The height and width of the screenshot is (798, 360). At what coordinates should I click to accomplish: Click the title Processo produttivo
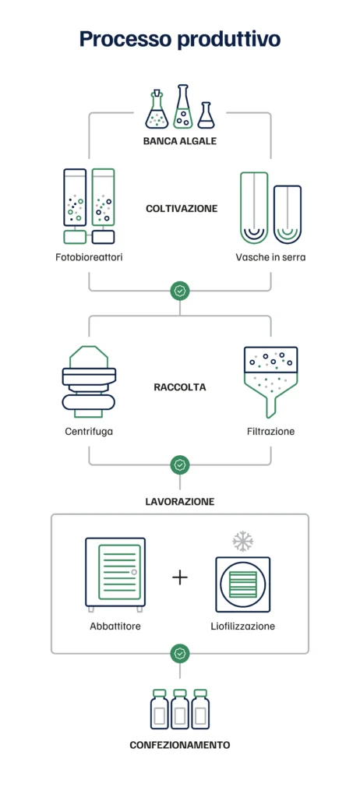coord(180,39)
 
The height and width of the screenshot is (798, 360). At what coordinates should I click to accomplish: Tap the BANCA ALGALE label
coord(180,141)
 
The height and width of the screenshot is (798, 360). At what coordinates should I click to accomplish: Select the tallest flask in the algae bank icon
coord(183,106)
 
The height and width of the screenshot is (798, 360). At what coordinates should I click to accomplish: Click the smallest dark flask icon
coord(206,115)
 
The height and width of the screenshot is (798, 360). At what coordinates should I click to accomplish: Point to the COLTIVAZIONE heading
coord(182,209)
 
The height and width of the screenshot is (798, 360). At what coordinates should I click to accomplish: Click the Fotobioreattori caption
coord(89,257)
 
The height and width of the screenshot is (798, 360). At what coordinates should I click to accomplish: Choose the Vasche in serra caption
coord(270,257)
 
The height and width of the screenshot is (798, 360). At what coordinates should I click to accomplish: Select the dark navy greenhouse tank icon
coord(288,214)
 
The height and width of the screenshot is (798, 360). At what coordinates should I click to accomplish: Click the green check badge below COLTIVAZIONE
coord(180,291)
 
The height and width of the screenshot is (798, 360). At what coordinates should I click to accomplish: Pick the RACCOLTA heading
coord(180,387)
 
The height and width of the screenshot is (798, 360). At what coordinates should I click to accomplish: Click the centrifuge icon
coord(89,381)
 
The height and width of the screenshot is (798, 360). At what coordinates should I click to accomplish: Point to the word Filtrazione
coord(270,432)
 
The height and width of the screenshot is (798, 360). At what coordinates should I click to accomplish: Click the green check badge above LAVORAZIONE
coord(180,464)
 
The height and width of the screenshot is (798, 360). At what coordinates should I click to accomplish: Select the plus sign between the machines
coord(180,577)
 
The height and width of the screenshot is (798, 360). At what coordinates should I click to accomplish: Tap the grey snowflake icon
coord(243,542)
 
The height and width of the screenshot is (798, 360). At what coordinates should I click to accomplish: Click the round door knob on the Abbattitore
coord(134,572)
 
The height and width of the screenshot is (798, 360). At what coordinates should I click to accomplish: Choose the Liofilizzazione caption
coord(243,626)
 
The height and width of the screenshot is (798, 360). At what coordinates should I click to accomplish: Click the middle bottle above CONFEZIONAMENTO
coord(180,709)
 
